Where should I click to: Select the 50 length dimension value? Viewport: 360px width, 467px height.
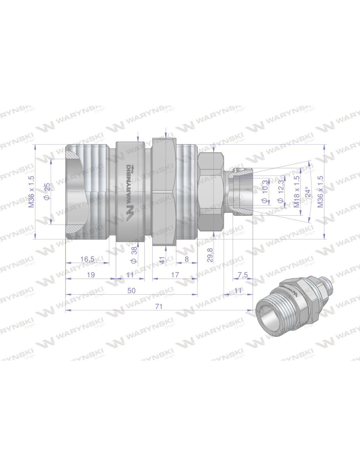131,290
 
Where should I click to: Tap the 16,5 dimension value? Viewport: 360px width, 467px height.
88,259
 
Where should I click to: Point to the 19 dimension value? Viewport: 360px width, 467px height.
91,275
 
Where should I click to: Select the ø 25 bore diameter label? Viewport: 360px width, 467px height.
47,192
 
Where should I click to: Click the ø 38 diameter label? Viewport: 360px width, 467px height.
134,253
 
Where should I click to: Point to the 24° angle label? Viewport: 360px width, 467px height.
307,192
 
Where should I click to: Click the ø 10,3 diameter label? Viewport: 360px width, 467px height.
265,192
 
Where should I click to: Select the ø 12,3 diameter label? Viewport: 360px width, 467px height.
281,192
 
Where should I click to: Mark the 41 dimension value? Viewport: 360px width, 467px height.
162,260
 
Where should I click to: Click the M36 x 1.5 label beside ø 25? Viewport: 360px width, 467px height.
32,192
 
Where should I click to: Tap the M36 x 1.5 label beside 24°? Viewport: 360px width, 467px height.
320,192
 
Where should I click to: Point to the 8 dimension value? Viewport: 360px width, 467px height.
187,259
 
